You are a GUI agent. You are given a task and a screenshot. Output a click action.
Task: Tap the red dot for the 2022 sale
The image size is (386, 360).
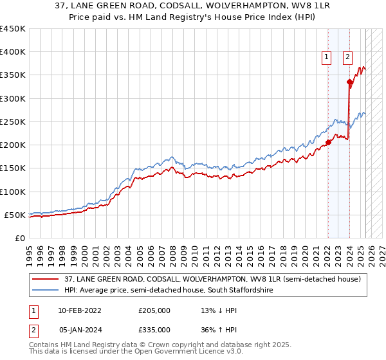click(327, 143)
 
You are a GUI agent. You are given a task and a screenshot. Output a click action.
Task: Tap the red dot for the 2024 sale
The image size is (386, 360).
click(349, 82)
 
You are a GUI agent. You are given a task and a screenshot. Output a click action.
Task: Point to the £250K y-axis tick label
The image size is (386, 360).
click(13, 122)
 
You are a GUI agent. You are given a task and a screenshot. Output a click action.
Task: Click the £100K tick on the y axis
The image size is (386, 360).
click(13, 192)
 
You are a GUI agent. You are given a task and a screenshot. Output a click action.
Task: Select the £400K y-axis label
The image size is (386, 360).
click(13, 52)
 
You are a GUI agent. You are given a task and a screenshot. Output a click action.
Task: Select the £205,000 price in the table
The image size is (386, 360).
click(154, 310)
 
